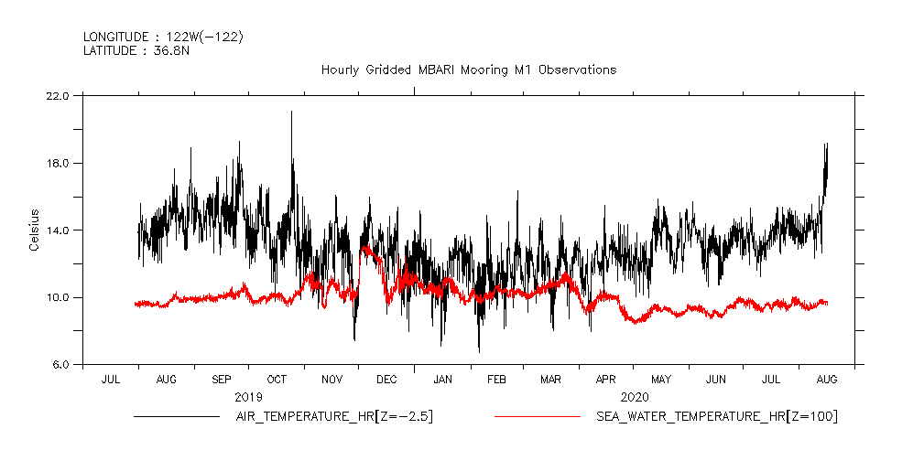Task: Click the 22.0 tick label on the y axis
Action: [58, 96]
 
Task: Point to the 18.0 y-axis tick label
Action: [58, 164]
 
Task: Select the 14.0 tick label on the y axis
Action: [58, 230]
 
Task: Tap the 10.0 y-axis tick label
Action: [58, 298]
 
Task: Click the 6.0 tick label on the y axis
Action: [60, 365]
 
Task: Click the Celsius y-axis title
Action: [34, 230]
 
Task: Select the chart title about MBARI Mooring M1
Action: [468, 70]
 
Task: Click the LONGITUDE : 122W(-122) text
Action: [163, 37]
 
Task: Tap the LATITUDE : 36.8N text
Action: [136, 51]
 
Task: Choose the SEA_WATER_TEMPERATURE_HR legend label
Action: [716, 417]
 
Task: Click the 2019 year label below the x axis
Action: [248, 397]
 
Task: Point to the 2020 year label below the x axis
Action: [634, 397]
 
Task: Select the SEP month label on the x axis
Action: [221, 379]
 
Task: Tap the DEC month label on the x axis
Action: [386, 379]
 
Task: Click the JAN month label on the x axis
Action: [442, 379]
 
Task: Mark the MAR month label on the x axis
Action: [551, 379]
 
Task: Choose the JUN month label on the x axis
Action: [716, 379]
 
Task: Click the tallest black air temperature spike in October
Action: [292, 113]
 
